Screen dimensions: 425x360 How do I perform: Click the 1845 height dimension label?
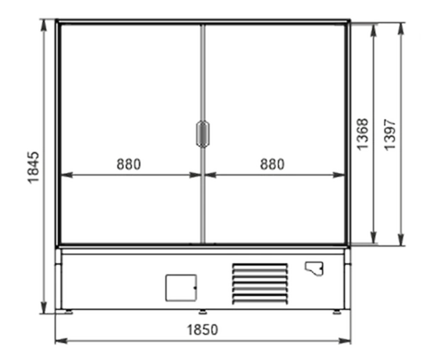34,168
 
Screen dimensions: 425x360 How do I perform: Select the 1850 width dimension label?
203,330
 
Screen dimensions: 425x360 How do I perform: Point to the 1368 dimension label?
363,134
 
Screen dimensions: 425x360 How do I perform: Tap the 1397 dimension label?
390,135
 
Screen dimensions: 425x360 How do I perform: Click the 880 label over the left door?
129,164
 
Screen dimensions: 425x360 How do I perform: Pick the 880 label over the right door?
273,164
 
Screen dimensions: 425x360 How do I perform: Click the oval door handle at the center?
203,134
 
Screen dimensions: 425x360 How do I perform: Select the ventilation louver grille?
260,283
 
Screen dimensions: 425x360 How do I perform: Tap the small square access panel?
181,288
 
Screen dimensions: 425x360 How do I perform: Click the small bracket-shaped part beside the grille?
314,269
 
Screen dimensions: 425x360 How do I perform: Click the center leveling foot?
203,312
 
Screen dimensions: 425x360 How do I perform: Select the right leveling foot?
337,312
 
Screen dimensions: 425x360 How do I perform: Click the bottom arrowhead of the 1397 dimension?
401,240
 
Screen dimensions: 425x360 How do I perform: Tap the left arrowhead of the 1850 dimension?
61,341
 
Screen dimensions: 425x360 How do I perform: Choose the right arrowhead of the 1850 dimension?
345,341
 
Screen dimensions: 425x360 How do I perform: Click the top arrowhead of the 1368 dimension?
374,30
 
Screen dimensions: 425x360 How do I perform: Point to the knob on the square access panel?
195,288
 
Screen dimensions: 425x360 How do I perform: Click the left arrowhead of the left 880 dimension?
67,175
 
